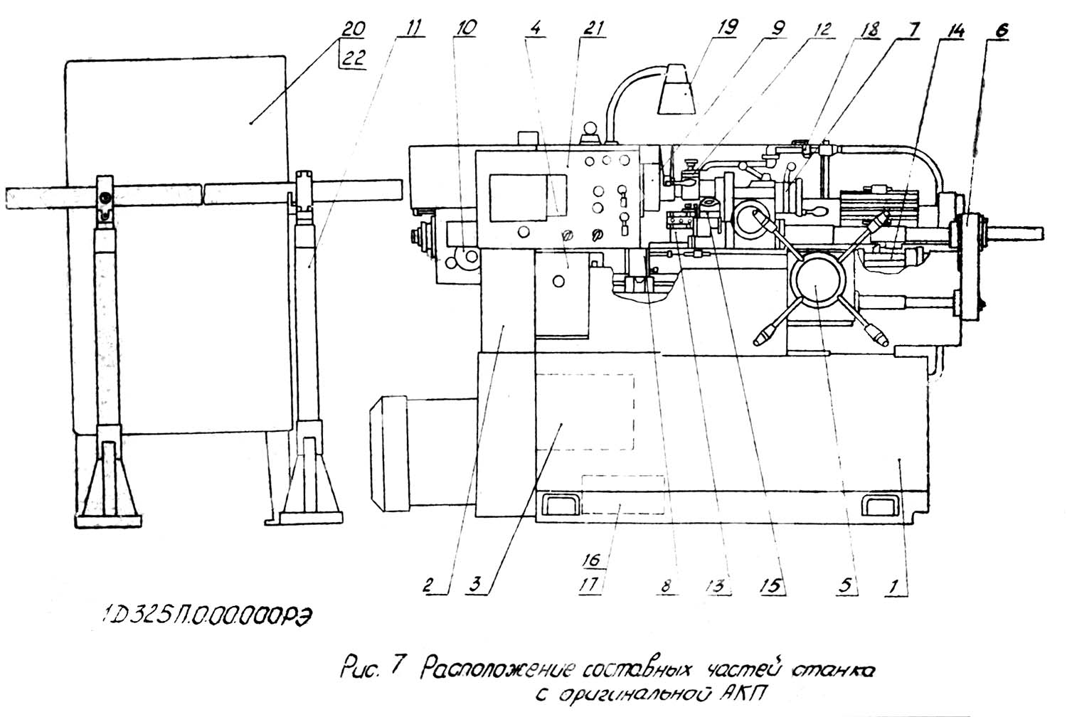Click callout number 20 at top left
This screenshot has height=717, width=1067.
click(353, 30)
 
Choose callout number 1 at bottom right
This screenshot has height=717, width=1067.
click(894, 586)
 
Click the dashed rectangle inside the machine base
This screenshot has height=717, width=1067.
click(584, 413)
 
